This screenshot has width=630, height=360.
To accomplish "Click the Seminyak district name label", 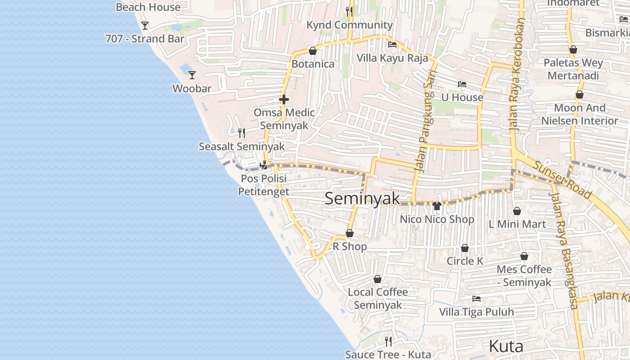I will (362, 198).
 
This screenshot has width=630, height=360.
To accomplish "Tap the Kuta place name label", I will (506, 346).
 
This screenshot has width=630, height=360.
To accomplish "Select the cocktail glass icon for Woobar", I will (192, 75).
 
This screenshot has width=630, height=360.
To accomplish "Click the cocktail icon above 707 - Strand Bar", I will (145, 25).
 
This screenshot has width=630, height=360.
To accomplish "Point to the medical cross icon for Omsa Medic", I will (284, 99).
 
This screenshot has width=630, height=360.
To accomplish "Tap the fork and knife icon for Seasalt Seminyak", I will (242, 133).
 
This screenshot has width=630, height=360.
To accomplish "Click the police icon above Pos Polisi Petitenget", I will (264, 165).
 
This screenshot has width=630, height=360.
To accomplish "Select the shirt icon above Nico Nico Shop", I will (436, 206).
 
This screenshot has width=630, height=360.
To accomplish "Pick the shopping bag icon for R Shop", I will (349, 233).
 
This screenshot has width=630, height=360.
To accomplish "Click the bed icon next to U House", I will (462, 84).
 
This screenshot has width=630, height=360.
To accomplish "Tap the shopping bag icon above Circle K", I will (465, 248).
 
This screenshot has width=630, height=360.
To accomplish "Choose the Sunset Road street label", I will (562, 179).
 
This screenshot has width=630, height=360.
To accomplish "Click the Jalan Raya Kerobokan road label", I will (517, 74).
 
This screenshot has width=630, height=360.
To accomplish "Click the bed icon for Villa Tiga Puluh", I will (476, 298).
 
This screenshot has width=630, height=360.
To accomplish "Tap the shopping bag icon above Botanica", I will (313, 51).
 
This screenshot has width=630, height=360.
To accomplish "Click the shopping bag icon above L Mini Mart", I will (517, 211).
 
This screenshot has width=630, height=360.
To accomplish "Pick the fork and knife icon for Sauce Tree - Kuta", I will (388, 341).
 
